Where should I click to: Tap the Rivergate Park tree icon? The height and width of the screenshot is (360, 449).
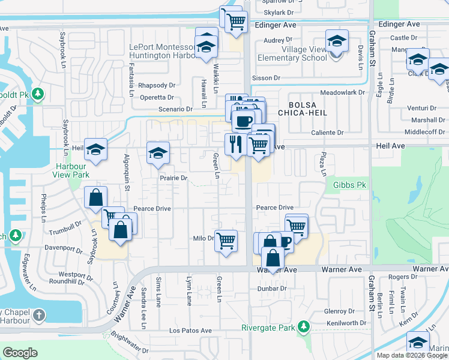[304, 327]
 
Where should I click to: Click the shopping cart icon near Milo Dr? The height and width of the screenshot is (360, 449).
[226, 241]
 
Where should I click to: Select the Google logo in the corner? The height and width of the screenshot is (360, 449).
[20, 353]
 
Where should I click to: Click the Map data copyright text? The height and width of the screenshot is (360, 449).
[412, 355]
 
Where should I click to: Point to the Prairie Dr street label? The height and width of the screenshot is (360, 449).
[174, 178]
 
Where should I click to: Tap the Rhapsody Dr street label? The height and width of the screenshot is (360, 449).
[156, 86]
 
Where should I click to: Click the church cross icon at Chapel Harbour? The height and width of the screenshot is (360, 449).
[38, 315]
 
